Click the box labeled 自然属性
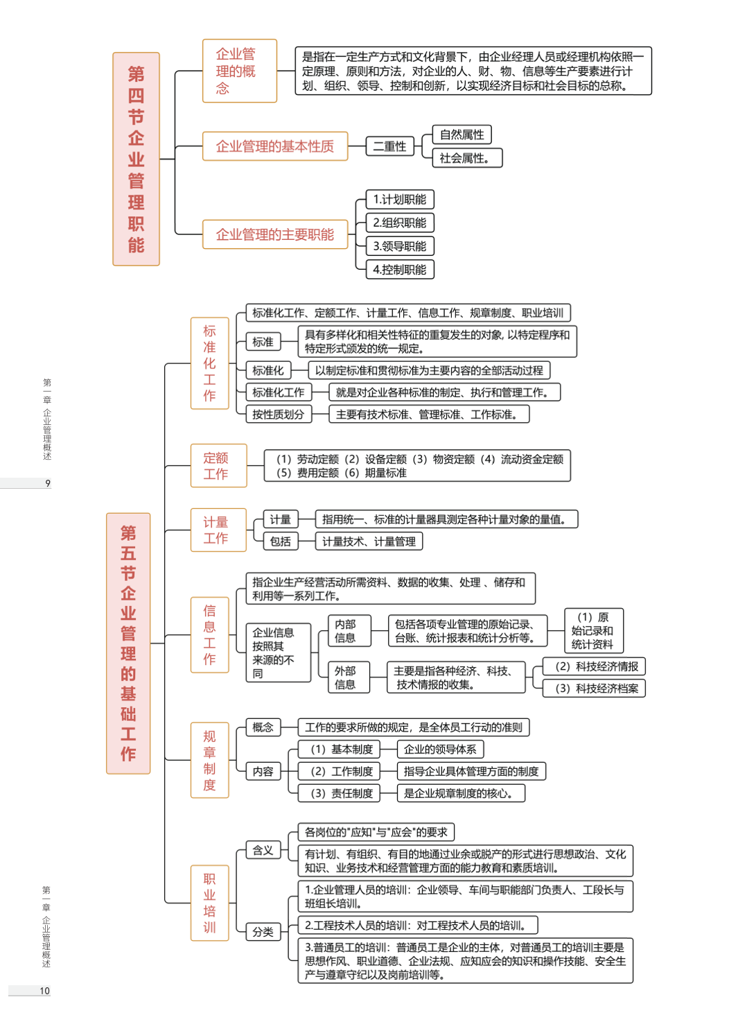click(x=462, y=135)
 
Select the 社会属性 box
click(x=466, y=158)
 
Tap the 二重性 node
click(x=389, y=146)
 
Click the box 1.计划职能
click(x=400, y=200)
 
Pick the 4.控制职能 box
click(x=400, y=270)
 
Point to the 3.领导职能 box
click(x=400, y=246)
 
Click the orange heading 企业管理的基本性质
click(x=275, y=146)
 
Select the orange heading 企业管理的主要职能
click(x=275, y=234)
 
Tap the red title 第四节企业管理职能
click(x=136, y=159)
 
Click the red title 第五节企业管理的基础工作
click(x=128, y=643)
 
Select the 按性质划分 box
click(x=278, y=415)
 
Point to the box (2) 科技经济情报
click(x=595, y=666)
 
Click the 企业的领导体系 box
click(x=440, y=750)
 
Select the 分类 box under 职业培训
click(x=263, y=932)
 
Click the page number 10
click(x=44, y=991)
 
